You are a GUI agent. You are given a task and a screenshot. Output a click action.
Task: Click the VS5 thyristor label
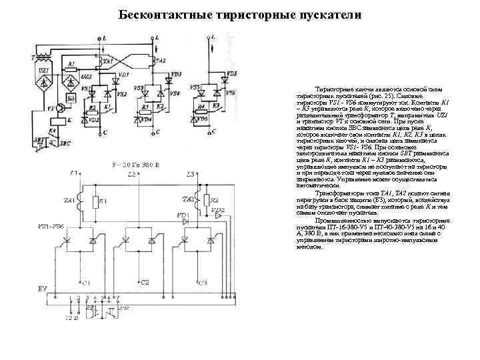tap(194, 87)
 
